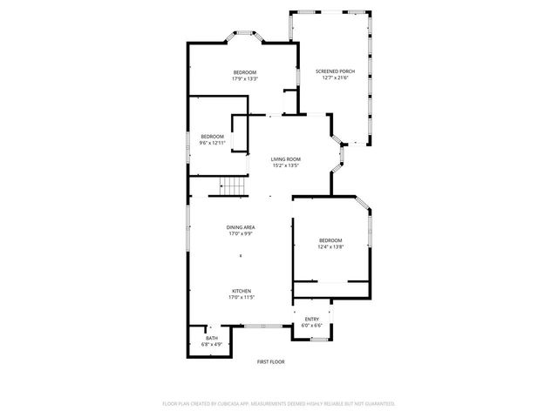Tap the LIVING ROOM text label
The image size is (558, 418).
(x=285, y=159)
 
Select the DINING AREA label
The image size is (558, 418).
(x=241, y=226)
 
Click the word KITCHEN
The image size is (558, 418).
(x=241, y=291)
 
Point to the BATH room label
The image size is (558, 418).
(x=212, y=338)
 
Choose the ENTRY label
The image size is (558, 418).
(x=311, y=319)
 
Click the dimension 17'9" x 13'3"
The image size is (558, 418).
(x=244, y=78)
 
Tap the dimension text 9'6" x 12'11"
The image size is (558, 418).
(x=212, y=143)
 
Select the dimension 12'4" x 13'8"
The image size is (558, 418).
(x=330, y=246)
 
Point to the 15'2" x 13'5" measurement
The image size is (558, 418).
(x=285, y=165)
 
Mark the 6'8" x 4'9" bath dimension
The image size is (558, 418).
(x=212, y=344)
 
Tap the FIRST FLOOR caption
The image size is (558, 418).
(x=270, y=361)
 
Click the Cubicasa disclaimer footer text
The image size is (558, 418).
(x=279, y=403)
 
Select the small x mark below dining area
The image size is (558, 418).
(x=241, y=255)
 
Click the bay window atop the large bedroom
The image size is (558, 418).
(x=244, y=37)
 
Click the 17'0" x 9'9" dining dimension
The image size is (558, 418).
(x=241, y=233)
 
